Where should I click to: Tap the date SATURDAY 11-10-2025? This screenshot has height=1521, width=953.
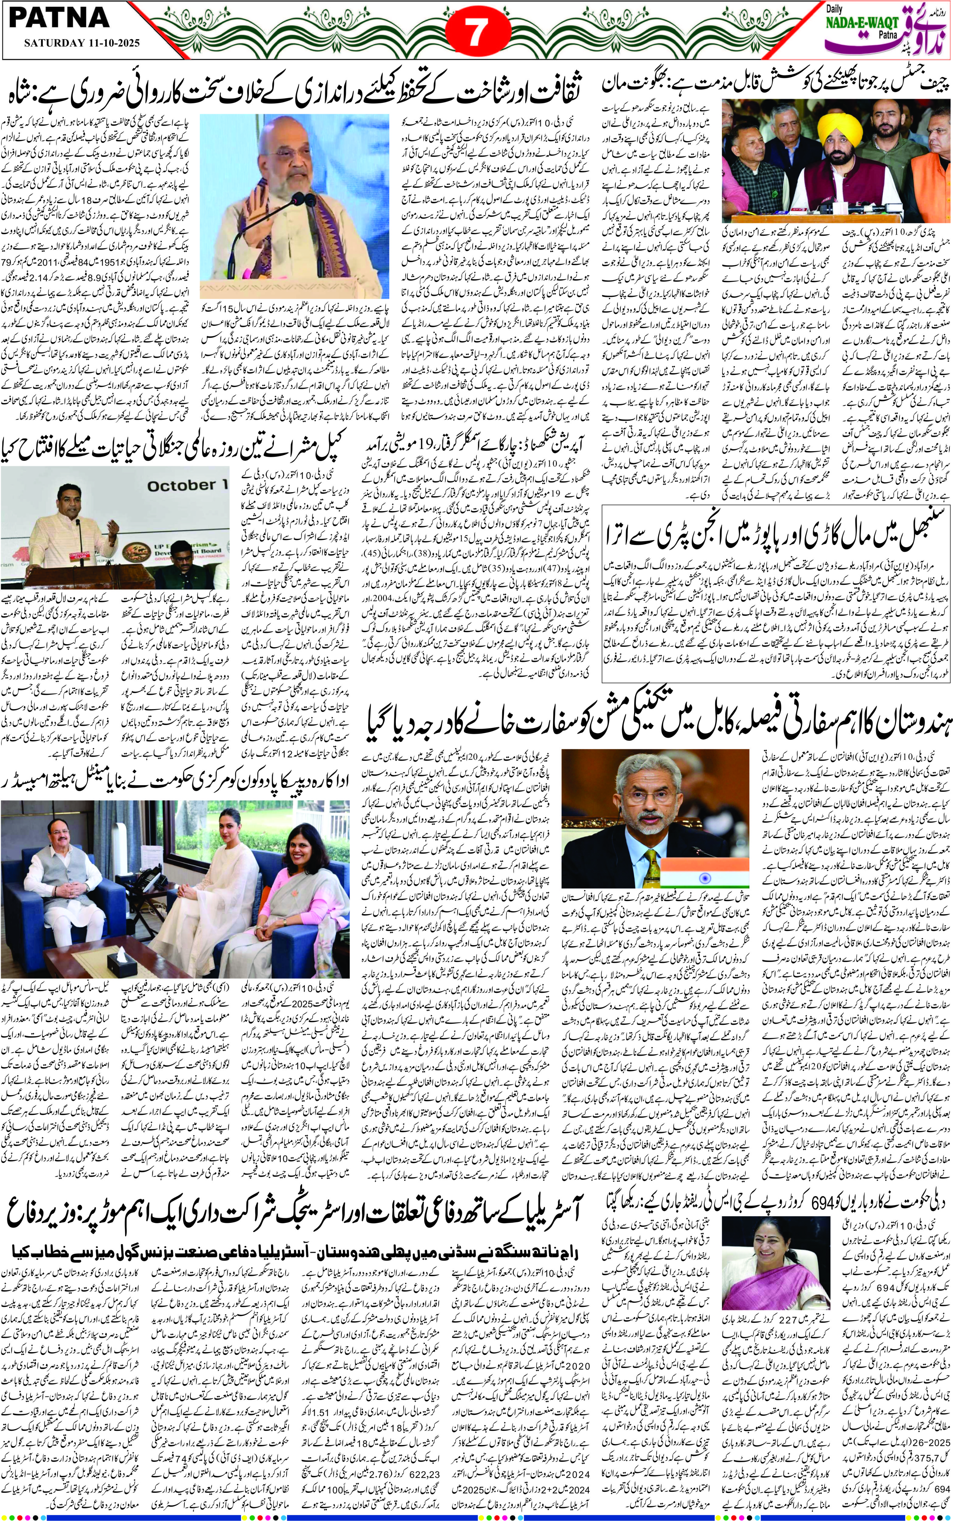82,44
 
